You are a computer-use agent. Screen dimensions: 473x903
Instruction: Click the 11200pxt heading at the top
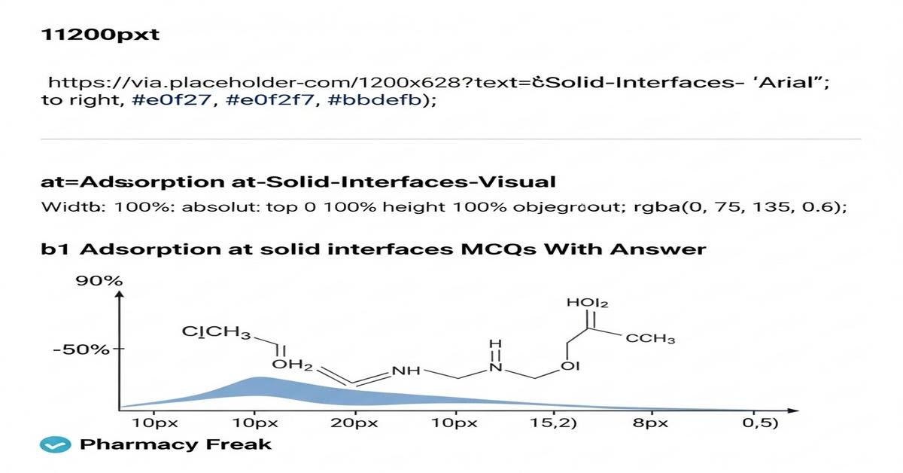click(99, 35)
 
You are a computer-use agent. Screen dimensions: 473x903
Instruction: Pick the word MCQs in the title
click(500, 249)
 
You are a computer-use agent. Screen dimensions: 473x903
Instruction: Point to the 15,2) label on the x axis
click(555, 423)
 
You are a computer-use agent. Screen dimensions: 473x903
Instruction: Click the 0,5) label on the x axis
click(760, 423)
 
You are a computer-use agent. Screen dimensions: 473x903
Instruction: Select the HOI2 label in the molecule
click(587, 303)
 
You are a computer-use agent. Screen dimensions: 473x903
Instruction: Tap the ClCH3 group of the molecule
click(216, 332)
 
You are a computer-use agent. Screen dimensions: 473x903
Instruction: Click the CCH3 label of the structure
click(650, 338)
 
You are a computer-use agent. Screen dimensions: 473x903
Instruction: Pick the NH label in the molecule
click(408, 372)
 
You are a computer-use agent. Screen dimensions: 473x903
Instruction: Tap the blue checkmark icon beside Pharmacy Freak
click(55, 445)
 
